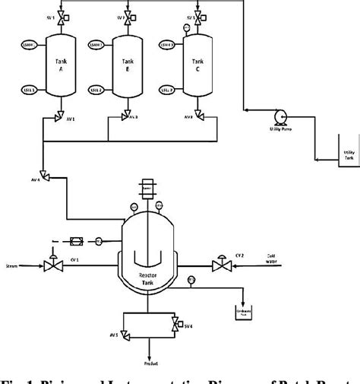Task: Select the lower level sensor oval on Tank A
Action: coord(28,90)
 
